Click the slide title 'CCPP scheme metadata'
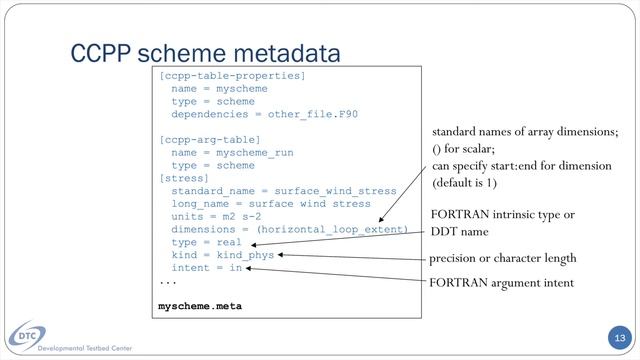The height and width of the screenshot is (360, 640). coord(205,53)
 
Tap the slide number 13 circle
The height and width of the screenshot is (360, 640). coord(620,338)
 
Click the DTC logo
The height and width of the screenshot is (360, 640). coord(27,336)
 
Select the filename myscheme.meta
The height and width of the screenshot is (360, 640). coord(200,306)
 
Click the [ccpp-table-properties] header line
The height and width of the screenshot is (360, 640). coord(232,76)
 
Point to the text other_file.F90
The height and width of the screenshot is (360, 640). coord(313,114)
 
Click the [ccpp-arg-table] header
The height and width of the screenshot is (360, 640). coord(210,140)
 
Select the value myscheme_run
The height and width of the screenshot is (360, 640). coord(255,153)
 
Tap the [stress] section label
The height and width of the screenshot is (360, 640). coord(184,178)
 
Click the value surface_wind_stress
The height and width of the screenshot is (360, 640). coord(335,191)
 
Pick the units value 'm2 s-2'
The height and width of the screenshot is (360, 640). coord(242,216)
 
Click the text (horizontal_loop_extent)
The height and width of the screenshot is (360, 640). coord(332,229)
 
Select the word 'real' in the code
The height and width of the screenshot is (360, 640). coord(229,242)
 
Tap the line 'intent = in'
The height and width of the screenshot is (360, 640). coord(207,268)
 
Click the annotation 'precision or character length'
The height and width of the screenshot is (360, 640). coord(502,258)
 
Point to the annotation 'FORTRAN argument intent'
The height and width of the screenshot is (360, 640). coord(501,282)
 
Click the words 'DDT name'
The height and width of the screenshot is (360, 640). coord(460,232)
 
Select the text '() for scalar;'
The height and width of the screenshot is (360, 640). coord(463,149)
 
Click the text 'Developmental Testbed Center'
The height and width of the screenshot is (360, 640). coord(84,348)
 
